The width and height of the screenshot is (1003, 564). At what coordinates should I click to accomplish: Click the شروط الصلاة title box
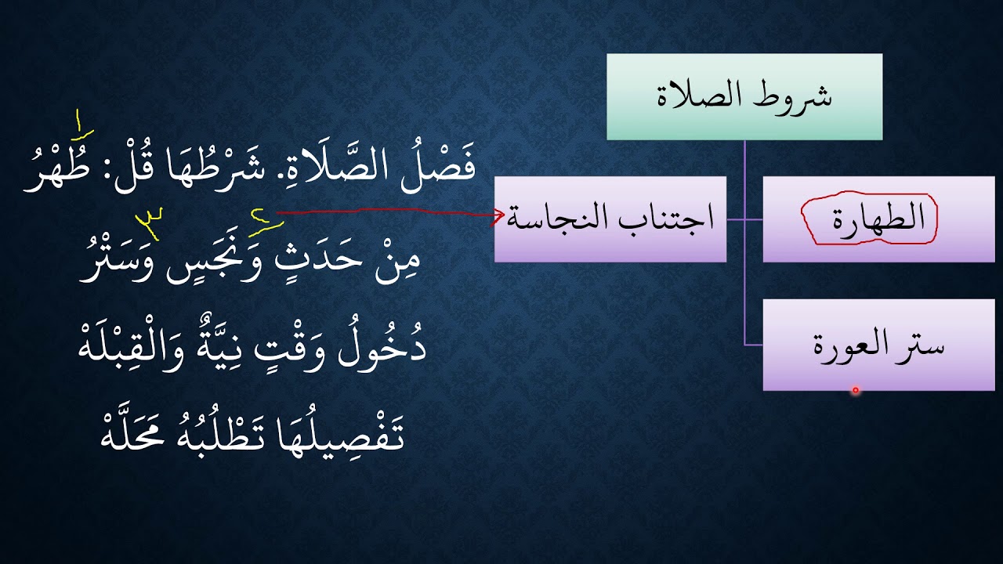pyautogui.click(x=744, y=96)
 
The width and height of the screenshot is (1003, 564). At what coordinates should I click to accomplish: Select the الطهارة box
pyautogui.click(x=878, y=219)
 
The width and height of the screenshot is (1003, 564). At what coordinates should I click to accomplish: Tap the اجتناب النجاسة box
pyautogui.click(x=610, y=219)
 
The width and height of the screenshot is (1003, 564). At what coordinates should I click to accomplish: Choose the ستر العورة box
pyautogui.click(x=878, y=345)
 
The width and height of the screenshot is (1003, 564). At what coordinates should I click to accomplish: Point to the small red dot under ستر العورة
pyautogui.click(x=855, y=389)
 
